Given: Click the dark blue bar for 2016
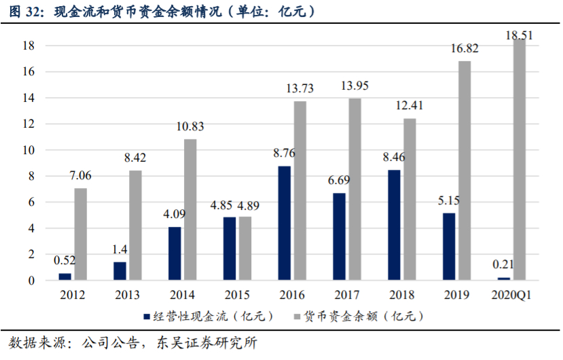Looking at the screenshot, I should (285, 223).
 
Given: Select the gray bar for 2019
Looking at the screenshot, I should (465, 170).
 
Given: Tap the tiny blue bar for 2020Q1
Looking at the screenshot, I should (503, 278).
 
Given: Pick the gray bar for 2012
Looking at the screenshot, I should (81, 234).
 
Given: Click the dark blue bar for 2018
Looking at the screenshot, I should (394, 225).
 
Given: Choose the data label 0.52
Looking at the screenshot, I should (65, 260).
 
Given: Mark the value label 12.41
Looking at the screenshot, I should (410, 105).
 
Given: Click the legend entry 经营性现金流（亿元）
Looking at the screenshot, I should (209, 316).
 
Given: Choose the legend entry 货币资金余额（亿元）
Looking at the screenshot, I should (359, 316).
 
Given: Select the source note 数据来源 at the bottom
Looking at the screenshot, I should (132, 343).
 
